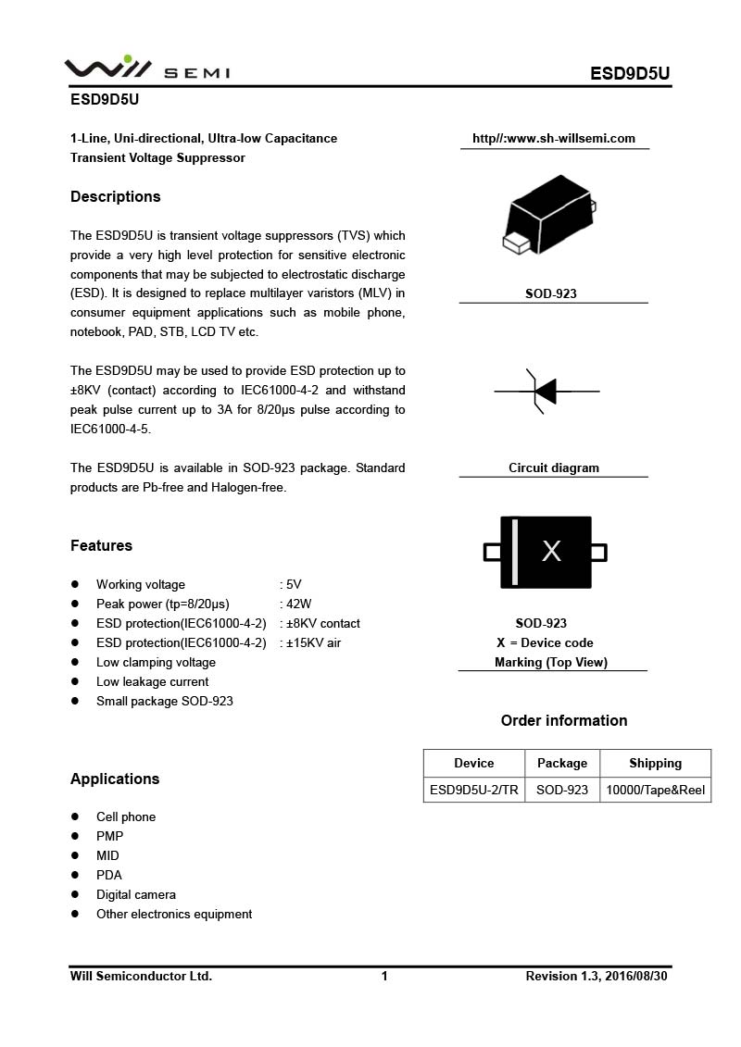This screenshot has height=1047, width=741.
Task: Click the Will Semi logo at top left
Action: click(146, 69)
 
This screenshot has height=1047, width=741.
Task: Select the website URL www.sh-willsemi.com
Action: click(554, 139)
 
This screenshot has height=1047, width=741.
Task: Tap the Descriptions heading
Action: click(116, 196)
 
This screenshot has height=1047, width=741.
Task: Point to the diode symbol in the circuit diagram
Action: click(546, 392)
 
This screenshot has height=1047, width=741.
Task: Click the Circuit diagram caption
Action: click(554, 467)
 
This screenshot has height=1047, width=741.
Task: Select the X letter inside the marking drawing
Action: click(551, 552)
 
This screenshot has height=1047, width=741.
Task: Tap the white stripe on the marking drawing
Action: click(515, 552)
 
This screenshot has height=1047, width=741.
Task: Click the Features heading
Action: click(101, 545)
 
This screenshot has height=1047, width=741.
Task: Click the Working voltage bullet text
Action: click(141, 584)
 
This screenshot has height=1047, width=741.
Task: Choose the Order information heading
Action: click(564, 720)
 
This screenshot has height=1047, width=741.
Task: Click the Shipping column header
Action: click(655, 763)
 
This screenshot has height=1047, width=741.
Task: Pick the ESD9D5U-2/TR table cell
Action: click(474, 790)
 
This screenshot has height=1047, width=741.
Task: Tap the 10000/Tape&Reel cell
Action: click(655, 790)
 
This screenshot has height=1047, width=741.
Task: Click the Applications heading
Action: click(115, 779)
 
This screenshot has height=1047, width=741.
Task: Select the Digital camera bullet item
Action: click(136, 894)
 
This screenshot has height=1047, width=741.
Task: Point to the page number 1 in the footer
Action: click(384, 976)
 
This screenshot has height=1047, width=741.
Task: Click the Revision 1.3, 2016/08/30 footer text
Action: click(597, 976)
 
